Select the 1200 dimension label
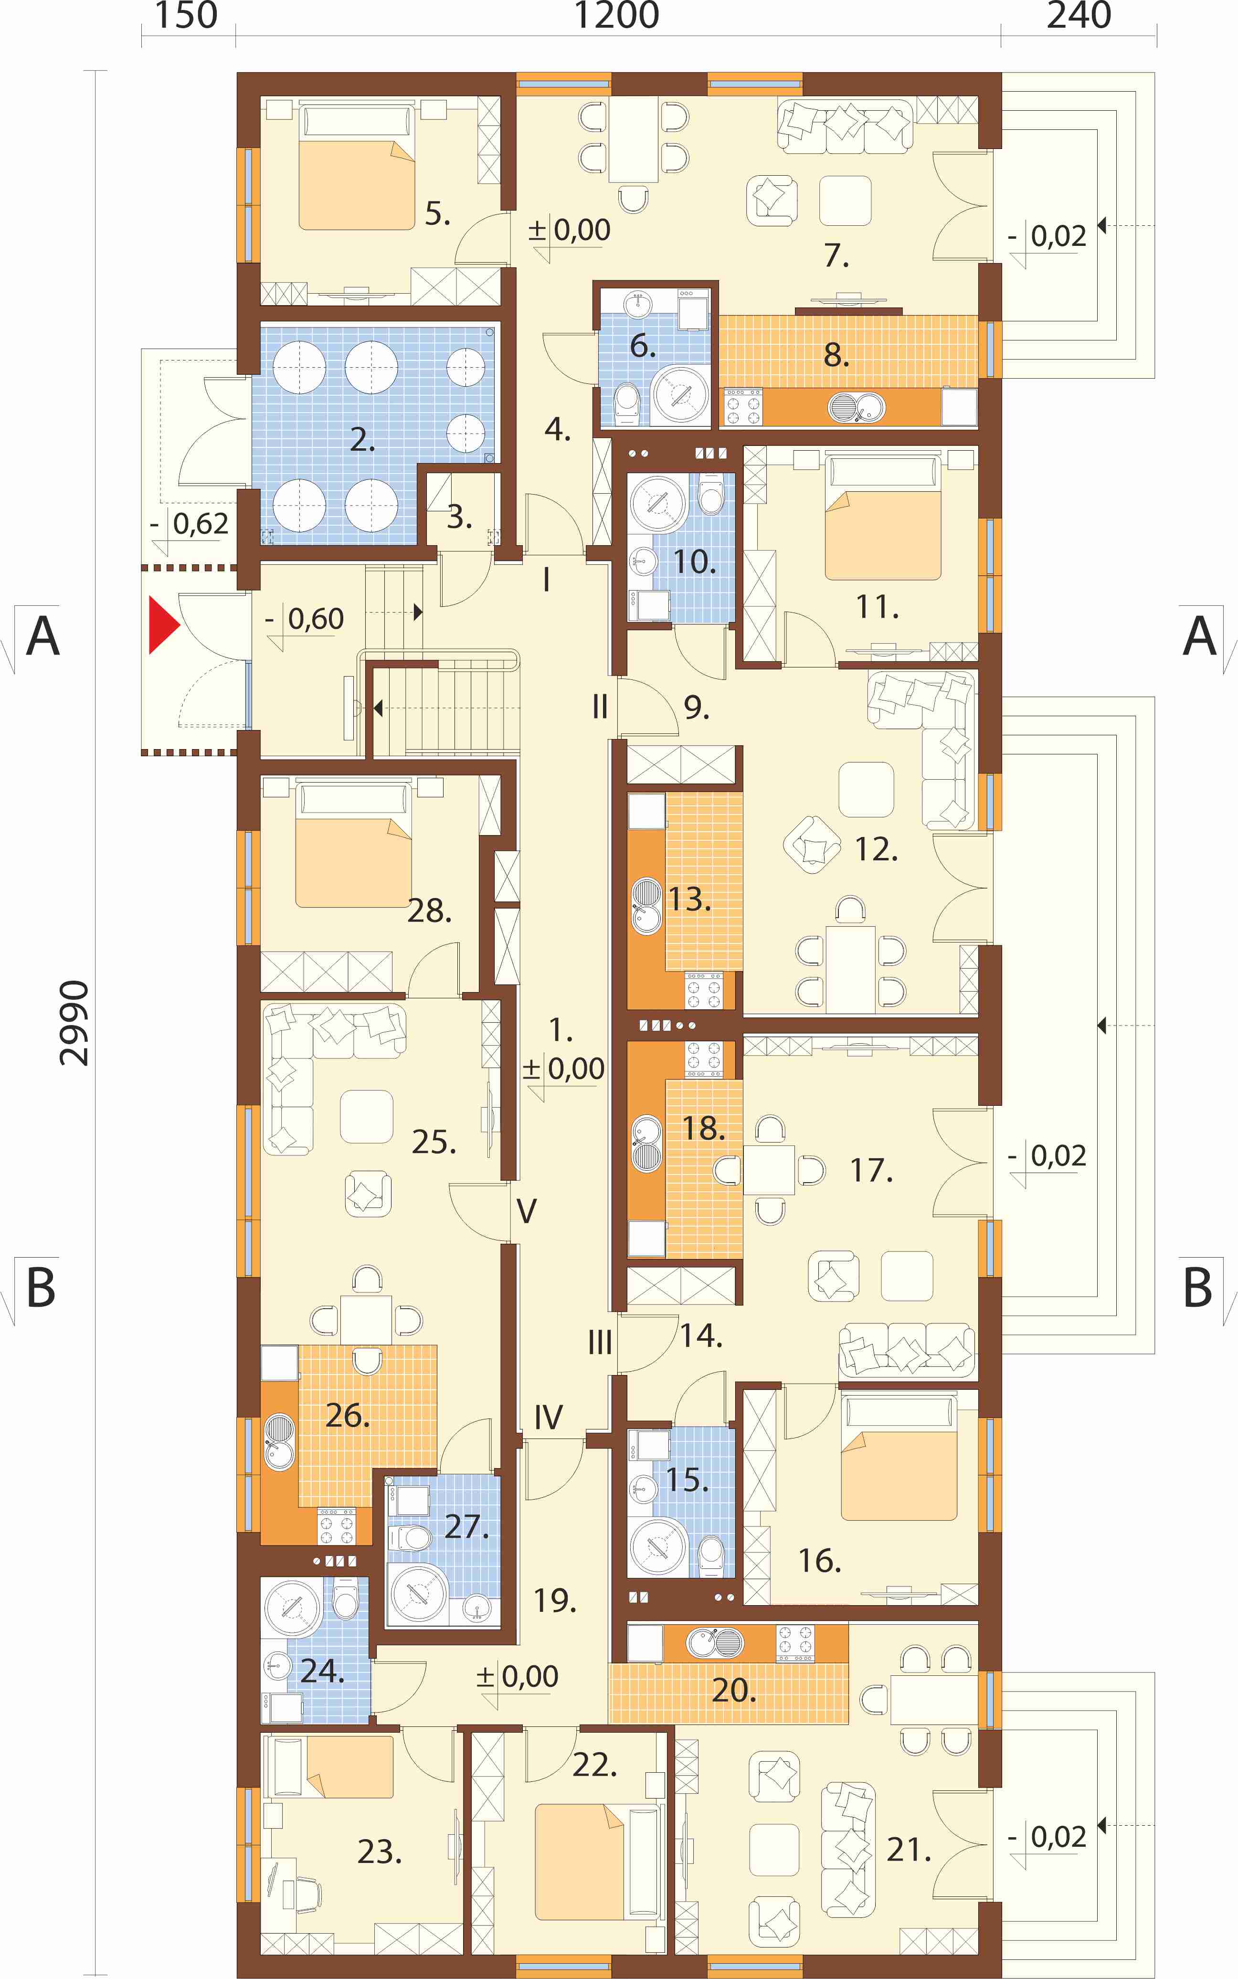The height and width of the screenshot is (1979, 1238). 616,16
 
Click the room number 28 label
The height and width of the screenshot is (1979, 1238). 430,910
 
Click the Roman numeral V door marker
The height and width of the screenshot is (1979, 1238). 527,1210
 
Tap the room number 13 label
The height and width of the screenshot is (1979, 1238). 689,899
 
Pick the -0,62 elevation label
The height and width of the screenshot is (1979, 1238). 190,523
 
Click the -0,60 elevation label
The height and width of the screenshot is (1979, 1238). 305,618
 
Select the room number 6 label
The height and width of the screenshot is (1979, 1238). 643,346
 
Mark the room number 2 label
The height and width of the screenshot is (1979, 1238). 363,440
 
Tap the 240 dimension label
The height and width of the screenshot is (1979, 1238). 1079,16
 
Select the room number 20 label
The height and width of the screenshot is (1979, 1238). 734,1690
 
